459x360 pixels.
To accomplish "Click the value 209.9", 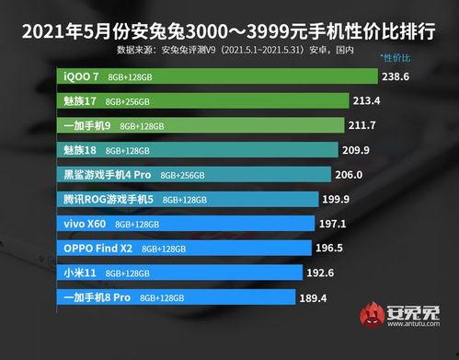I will click(364, 149).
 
